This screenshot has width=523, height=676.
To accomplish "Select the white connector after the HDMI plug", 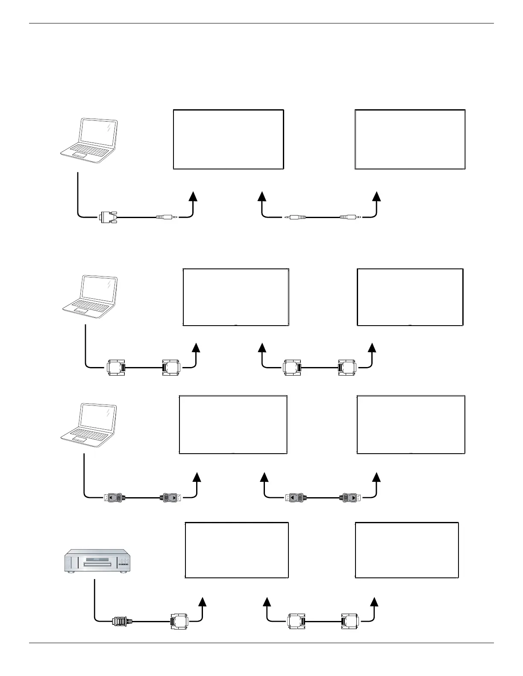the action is (x=179, y=621).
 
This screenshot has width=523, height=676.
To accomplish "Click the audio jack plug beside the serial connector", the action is (x=166, y=217).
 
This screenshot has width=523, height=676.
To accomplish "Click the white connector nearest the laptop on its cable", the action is (x=116, y=367).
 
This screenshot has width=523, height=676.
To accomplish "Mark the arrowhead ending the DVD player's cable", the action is (x=202, y=601).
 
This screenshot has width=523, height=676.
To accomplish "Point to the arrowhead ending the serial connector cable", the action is (x=193, y=195).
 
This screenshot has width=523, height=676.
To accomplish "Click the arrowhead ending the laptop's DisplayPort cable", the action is (x=197, y=476).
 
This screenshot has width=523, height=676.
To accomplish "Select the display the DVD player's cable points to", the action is (x=236, y=550).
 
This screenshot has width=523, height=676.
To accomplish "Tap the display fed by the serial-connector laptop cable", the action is (x=228, y=139).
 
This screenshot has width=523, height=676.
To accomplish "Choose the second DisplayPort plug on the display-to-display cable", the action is (x=350, y=497).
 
